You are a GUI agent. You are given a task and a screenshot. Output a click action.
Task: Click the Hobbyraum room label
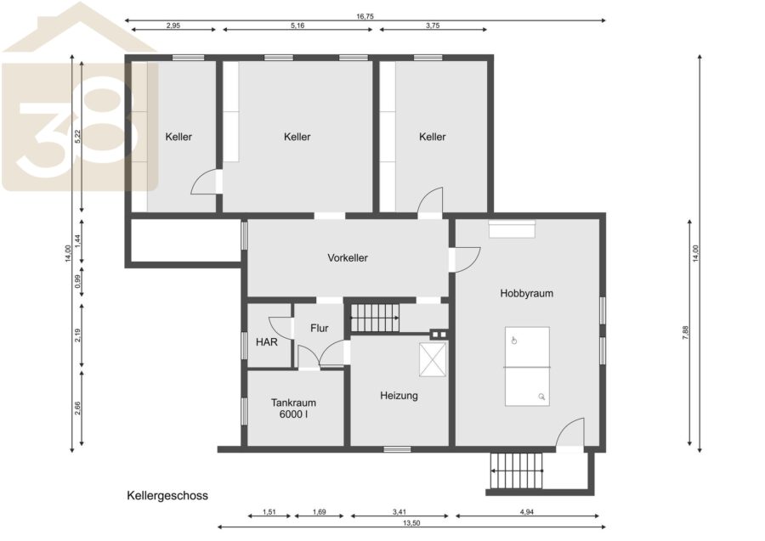tap(526, 293)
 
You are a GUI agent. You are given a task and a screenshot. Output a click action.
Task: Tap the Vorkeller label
tap(348, 258)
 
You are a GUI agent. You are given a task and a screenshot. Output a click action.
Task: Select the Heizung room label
tap(399, 396)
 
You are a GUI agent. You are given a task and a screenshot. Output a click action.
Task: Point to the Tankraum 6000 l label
tap(293, 409)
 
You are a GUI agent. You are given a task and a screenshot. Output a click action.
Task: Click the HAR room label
tap(266, 342)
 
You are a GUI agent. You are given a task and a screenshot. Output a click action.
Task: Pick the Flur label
tap(319, 329)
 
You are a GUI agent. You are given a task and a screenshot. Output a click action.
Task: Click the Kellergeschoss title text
tap(167, 496)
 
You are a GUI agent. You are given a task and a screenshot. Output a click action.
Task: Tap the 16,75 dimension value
tap(365, 16)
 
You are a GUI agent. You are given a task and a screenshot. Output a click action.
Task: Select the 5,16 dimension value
tap(297, 25)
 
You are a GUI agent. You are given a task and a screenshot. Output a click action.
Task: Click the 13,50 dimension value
tap(411, 523)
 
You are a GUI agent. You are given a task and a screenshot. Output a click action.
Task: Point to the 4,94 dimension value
tap(526, 512)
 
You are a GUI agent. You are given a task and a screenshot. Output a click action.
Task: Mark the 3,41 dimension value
tap(399, 512)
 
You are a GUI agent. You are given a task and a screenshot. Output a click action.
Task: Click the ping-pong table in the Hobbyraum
tap(527, 366)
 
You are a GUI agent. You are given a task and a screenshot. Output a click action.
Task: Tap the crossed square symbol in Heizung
tap(433, 359)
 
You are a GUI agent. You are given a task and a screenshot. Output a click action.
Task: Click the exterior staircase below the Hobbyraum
tap(517, 471)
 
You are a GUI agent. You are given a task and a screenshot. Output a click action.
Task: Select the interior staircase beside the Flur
tap(375, 318)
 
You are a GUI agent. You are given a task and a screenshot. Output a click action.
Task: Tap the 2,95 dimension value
tap(173, 25)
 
